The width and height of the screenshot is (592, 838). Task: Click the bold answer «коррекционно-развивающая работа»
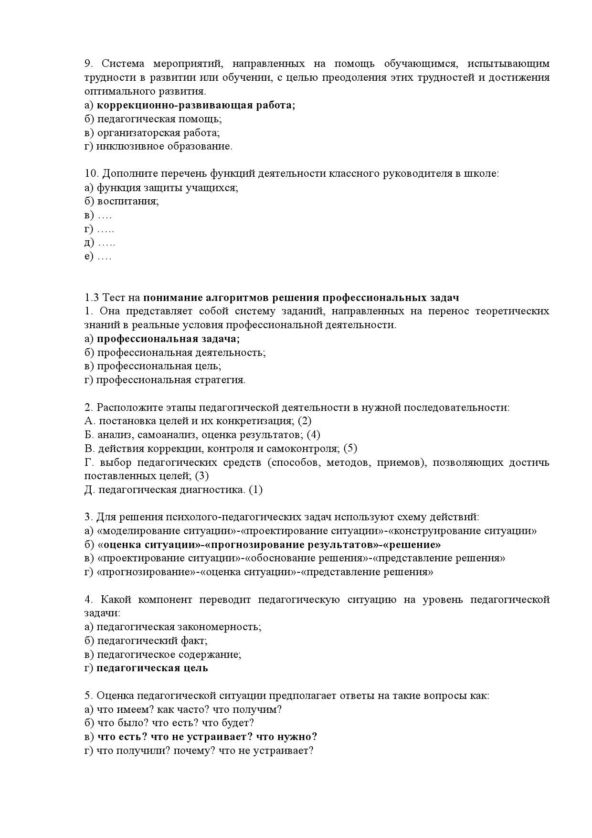point(196,106)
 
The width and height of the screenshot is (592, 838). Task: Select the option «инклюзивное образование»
point(164,147)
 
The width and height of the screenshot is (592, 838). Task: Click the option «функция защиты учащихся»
point(167,188)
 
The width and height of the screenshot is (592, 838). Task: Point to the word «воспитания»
point(127,201)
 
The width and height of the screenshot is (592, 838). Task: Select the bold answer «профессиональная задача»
point(168,339)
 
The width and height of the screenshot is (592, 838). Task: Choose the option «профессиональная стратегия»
point(170,380)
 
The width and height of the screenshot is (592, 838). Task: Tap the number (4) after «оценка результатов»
point(313,435)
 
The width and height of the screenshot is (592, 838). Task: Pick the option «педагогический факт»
point(152,641)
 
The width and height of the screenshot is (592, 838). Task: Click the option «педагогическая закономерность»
point(179,627)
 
